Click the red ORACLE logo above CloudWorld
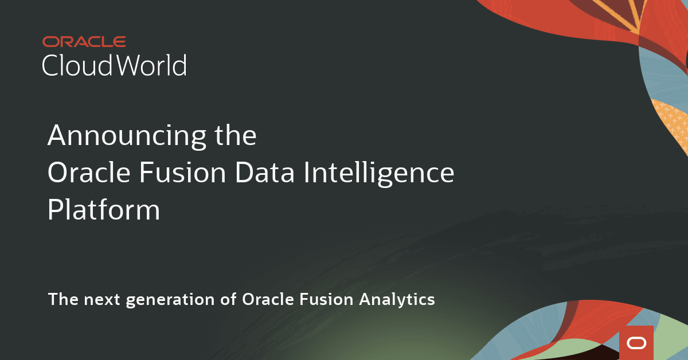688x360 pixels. pyautogui.click(x=84, y=42)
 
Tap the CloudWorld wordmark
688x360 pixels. pyautogui.click(x=114, y=65)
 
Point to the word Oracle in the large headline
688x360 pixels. pyautogui.click(x=89, y=173)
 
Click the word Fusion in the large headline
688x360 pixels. pyautogui.click(x=183, y=173)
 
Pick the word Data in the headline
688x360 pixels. pyautogui.click(x=265, y=173)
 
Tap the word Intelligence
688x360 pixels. pyautogui.click(x=379, y=174)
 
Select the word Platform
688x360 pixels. pyautogui.click(x=104, y=209)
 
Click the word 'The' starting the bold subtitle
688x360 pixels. pyautogui.click(x=63, y=299)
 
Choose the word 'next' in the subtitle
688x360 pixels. pyautogui.click(x=101, y=300)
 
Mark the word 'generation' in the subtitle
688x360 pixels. pyautogui.click(x=170, y=300)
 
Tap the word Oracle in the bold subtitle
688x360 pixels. pyautogui.click(x=268, y=299)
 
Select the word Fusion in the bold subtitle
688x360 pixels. pyautogui.click(x=326, y=299)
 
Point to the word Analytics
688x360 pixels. pyautogui.click(x=397, y=300)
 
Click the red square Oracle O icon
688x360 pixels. pyautogui.click(x=636, y=343)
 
